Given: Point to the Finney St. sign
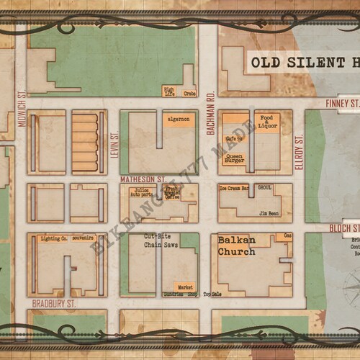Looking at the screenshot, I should pos(343,104).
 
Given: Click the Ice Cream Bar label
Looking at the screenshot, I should pos(233,189).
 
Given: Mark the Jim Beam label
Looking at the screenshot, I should pos(269,213).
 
